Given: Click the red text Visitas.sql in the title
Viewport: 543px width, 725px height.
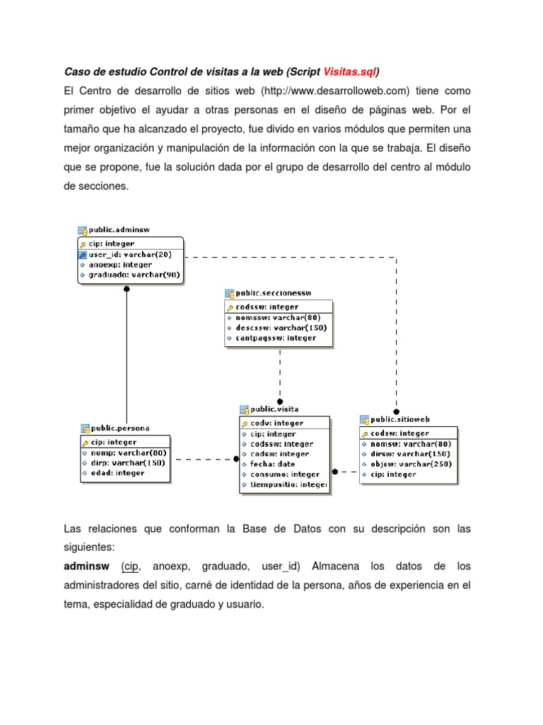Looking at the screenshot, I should (x=349, y=72).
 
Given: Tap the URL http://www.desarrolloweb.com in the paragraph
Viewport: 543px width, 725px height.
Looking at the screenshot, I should (x=335, y=91).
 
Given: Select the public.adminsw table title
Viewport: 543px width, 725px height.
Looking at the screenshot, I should (x=118, y=230).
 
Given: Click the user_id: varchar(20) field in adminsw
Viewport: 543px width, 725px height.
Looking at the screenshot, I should (x=129, y=254).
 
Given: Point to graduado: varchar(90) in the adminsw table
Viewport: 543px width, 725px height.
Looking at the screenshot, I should (x=134, y=275).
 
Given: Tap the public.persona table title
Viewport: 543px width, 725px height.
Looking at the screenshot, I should (x=120, y=428).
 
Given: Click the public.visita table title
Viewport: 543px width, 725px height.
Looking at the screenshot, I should (x=274, y=409).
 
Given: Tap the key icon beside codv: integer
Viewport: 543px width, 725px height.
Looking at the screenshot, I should (x=245, y=423).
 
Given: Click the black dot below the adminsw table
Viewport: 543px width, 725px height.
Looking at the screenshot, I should (x=127, y=289).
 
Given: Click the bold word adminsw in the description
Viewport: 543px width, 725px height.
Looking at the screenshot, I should (x=86, y=567).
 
